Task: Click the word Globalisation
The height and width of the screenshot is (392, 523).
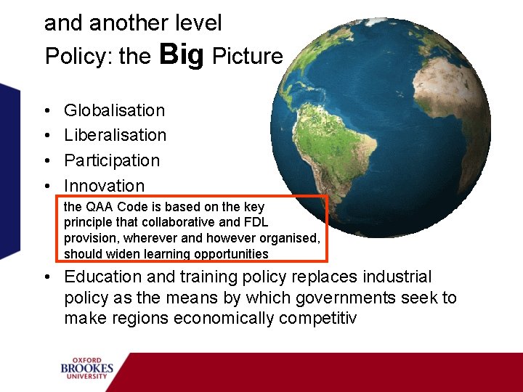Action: pyautogui.click(x=114, y=110)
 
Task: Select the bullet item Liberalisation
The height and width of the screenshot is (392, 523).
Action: pyautogui.click(x=115, y=135)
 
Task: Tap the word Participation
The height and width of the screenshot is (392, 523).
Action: pyautogui.click(x=111, y=160)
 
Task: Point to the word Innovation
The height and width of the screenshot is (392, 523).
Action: pyautogui.click(x=104, y=186)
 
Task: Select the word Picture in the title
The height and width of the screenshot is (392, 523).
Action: pyautogui.click(x=247, y=57)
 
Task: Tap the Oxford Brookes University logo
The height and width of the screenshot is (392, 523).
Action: pyautogui.click(x=87, y=368)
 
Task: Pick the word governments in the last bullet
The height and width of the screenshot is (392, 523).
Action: pyautogui.click(x=346, y=298)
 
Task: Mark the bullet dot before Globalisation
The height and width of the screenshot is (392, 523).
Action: pyautogui.click(x=47, y=111)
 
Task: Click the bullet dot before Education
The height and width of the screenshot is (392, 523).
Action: pyautogui.click(x=47, y=277)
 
